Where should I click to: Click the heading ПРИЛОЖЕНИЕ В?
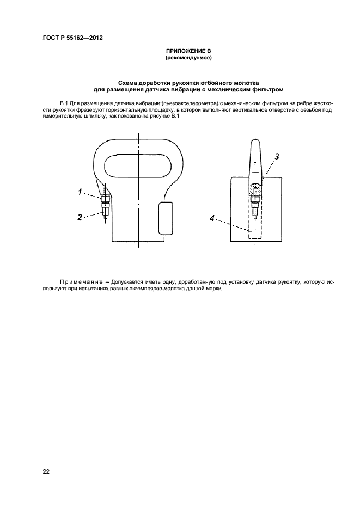point(188,51)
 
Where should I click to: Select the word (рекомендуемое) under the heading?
point(188,57)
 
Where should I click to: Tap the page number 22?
point(46,471)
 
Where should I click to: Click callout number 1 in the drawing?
point(80,192)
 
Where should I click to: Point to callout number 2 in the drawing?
point(80,217)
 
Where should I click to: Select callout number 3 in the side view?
point(277,156)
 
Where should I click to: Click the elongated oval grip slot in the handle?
point(139,164)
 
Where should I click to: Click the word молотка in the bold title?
point(245,83)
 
